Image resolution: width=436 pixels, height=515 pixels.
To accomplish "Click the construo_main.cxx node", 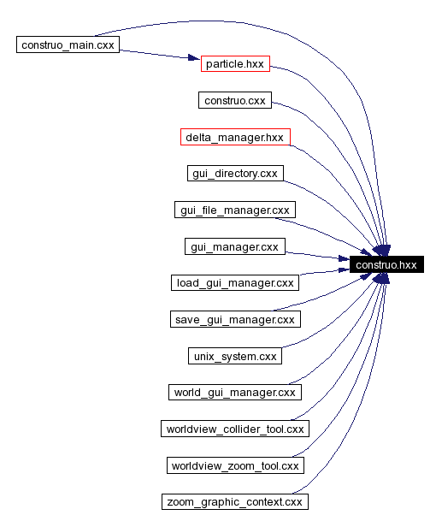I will (68, 44).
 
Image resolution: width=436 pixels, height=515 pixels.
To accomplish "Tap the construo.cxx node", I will (234, 101).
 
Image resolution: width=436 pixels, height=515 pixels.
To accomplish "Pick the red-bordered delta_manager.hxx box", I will (235, 137).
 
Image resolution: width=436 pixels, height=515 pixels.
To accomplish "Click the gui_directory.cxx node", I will (234, 174).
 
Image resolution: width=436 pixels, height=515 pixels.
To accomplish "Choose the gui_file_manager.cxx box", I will (234, 210).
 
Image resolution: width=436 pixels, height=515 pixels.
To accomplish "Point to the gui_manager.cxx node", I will (234, 246).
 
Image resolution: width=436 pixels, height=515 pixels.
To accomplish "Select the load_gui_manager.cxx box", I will (234, 282).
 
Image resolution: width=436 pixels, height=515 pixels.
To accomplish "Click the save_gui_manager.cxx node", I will (234, 319).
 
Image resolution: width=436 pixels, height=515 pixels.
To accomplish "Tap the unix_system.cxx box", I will (234, 355).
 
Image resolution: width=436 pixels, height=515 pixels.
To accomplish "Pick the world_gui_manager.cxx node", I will (234, 392).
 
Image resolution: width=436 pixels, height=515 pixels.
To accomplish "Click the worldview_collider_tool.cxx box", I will (234, 428).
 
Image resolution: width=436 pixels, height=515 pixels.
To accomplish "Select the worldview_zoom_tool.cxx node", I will (234, 465).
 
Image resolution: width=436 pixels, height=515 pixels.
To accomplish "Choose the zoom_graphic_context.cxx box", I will (234, 501).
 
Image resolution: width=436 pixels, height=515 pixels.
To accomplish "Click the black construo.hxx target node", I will (386, 265).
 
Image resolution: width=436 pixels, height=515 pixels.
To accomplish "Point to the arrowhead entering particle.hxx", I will (193, 60).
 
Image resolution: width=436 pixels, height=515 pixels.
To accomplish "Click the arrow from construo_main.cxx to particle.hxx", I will (154, 54).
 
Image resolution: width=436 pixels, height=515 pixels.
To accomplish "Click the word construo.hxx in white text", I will (386, 265).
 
